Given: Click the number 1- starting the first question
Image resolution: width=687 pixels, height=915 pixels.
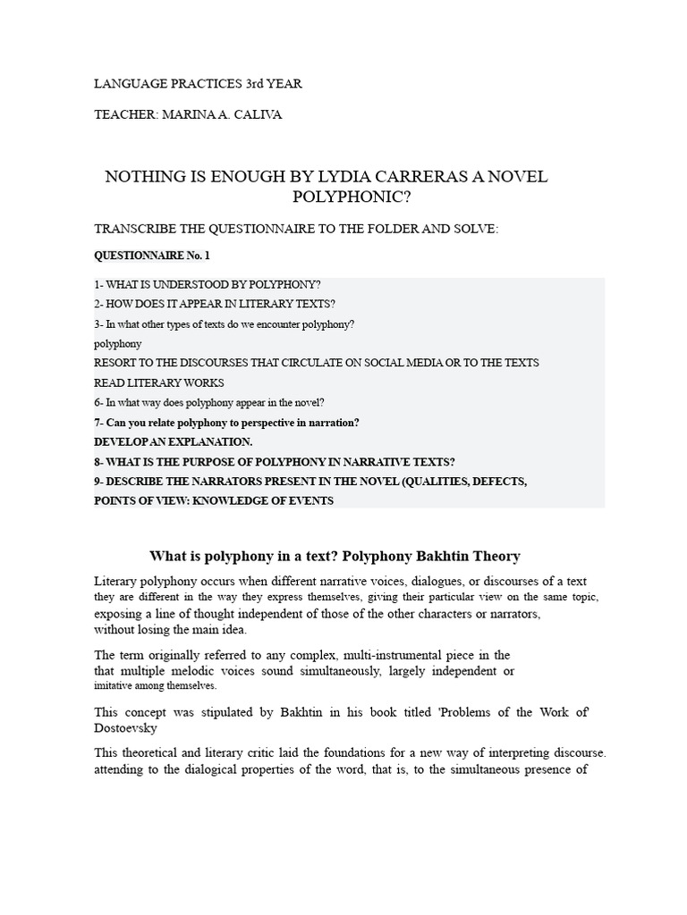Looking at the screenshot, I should point(99,284).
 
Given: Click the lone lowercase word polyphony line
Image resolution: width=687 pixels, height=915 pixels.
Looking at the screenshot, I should point(118,343).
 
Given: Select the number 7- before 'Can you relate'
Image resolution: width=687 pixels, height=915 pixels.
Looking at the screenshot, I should point(99,422).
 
